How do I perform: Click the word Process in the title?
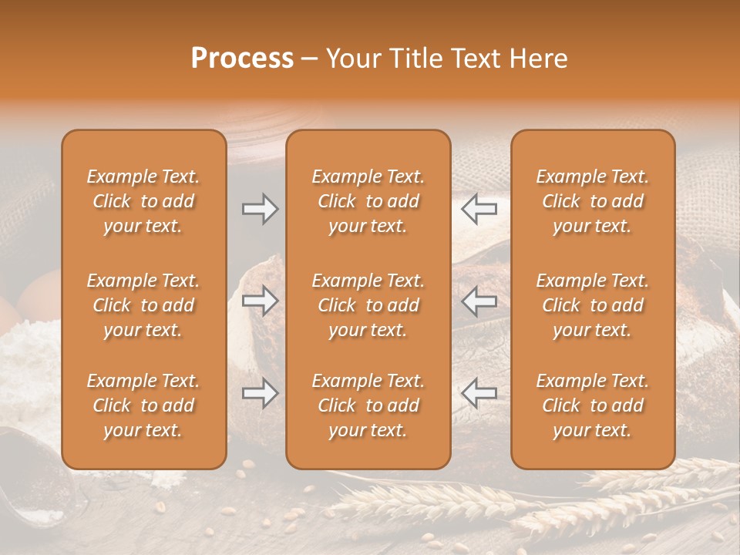click(242, 59)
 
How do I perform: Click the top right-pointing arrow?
click(261, 209)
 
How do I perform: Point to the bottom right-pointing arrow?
click(261, 393)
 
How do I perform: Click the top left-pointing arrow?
click(479, 209)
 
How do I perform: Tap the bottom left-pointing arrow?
click(479, 393)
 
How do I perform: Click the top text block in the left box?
click(143, 201)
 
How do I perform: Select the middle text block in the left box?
click(143, 305)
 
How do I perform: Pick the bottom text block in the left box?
click(143, 405)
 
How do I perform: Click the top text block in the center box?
click(368, 201)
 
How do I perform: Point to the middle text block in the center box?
click(368, 305)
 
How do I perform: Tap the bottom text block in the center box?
click(368, 405)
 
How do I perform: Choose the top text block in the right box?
click(592, 201)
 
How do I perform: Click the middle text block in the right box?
click(592, 305)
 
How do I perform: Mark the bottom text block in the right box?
click(592, 405)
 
